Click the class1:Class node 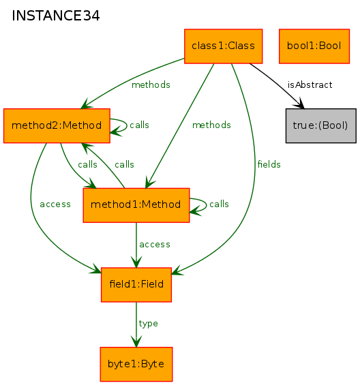tap(223, 46)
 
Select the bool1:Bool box tap(314, 46)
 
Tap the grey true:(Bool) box tap(320, 125)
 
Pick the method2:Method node tap(57, 125)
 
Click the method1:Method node tap(136, 205)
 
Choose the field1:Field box tap(136, 285)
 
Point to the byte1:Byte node tap(136, 364)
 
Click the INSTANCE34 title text tap(55, 16)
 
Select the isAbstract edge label tap(310, 85)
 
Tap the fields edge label tap(269, 164)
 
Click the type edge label tap(148, 324)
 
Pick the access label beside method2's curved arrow tap(55, 204)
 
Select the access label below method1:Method tap(155, 245)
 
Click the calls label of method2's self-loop tap(139, 125)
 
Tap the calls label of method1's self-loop tap(219, 204)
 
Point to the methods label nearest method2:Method tap(151, 85)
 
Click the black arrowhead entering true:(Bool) tap(300, 104)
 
